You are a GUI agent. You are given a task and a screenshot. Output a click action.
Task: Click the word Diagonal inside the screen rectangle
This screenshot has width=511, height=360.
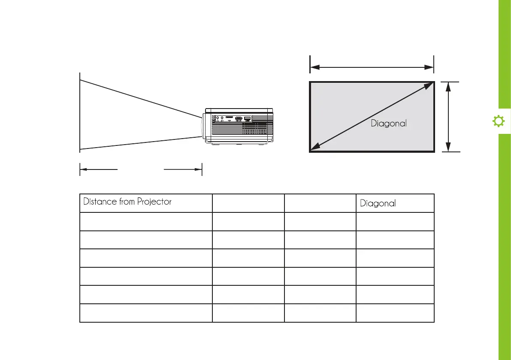pos(388,124)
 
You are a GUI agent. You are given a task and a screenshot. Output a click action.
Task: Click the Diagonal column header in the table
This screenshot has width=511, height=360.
pos(378,203)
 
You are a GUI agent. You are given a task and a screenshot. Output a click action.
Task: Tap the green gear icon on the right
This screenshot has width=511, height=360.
pos(498,122)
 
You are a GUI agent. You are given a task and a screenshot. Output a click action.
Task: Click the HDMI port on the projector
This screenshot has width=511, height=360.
pos(239,118)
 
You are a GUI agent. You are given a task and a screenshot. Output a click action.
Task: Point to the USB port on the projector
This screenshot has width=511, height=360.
pos(248,118)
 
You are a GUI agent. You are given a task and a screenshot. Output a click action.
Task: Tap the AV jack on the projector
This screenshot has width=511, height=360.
pos(222,118)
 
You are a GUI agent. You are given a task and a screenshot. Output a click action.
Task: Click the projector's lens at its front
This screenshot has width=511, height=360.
pos(201,127)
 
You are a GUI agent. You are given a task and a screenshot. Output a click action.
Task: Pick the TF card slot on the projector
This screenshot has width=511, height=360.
pos(230,117)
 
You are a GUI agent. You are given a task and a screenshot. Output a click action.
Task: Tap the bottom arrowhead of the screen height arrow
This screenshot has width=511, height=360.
pos(448,148)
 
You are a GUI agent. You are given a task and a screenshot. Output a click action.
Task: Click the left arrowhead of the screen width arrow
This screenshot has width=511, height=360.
pos(314,67)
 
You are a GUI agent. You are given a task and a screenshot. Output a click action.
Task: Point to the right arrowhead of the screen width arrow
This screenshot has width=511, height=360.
pos(430,67)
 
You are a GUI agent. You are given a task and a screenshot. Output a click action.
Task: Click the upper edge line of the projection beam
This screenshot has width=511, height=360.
pos(142,98)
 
